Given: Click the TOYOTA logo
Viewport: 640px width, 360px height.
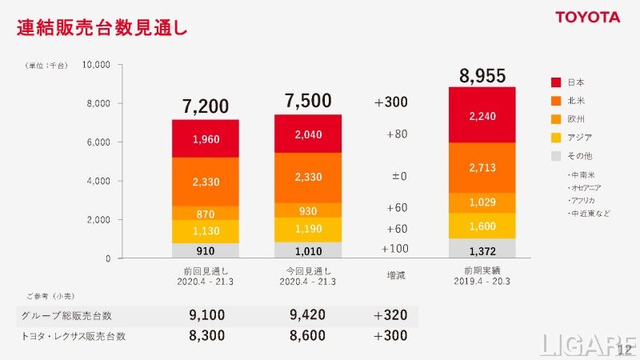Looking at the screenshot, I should click(588, 17).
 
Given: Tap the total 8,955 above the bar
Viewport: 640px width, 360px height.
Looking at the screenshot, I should click(481, 76).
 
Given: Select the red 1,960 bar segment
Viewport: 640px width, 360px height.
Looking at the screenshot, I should click(206, 139).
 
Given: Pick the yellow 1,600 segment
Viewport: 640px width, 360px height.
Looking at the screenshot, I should click(482, 226).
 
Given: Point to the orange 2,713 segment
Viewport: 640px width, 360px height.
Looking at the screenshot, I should click(482, 167).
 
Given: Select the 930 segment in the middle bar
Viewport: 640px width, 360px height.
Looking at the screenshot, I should click(308, 209).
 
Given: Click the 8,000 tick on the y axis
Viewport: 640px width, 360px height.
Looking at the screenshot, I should click(98, 103).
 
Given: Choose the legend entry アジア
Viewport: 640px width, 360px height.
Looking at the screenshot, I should click(580, 138).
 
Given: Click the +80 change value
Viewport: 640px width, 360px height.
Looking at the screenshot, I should click(396, 134).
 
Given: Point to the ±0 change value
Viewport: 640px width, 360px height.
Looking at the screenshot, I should click(396, 176).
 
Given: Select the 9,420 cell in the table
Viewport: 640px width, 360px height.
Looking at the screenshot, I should click(308, 316).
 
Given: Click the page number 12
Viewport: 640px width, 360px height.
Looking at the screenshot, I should click(625, 350).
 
